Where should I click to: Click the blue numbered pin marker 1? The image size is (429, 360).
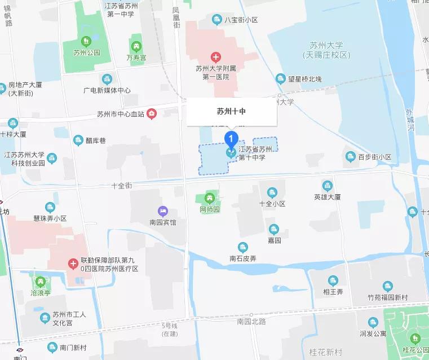click(231, 138)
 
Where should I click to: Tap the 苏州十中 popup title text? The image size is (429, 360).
click(231, 112)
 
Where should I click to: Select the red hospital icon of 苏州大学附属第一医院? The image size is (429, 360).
click(215, 57)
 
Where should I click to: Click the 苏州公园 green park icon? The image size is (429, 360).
click(86, 41)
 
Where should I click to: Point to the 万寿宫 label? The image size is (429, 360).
click(136, 58)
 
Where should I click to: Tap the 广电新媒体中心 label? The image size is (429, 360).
click(107, 90)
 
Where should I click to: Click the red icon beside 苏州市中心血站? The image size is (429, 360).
click(152, 114)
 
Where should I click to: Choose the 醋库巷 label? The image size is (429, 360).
click(94, 140)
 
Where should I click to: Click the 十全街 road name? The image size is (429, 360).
click(121, 185)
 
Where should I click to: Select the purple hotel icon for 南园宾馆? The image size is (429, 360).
click(163, 211)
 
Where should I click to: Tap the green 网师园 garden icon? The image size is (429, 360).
click(210, 198)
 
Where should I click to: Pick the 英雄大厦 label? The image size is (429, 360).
click(328, 197)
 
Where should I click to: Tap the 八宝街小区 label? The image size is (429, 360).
click(241, 20)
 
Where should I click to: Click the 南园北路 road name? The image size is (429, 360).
click(251, 321)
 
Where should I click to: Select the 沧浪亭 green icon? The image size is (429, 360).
click(39, 281)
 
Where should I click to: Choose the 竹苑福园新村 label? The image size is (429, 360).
click(387, 297)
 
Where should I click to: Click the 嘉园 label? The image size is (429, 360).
click(274, 240)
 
